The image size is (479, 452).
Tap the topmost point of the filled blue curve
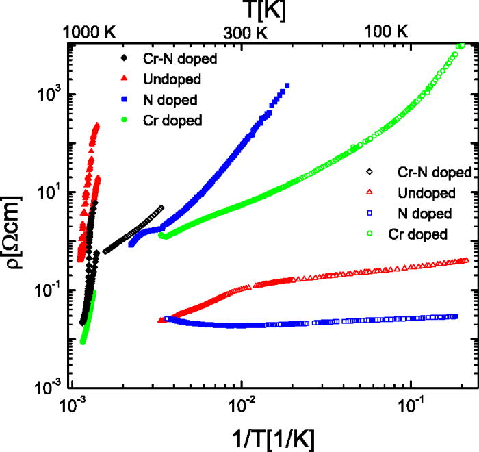(x=287, y=86)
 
